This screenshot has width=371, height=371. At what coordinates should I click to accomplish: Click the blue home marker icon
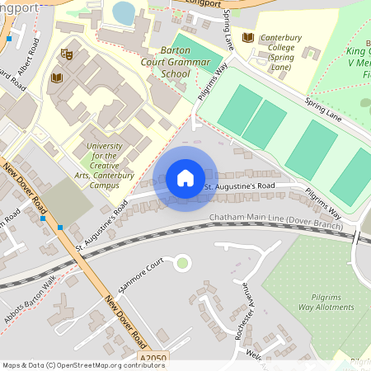tap(185, 178)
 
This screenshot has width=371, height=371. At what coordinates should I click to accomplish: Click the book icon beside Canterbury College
tap(248, 37)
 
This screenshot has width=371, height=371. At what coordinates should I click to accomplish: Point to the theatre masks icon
tap(67, 54)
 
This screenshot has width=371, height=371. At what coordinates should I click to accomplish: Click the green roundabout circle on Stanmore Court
tap(182, 263)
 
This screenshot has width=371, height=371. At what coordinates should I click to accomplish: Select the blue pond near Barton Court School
tap(124, 12)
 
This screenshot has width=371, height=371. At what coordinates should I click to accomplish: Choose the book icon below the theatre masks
tap(56, 78)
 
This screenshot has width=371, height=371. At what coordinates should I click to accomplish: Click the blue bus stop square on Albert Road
tap(9, 39)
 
